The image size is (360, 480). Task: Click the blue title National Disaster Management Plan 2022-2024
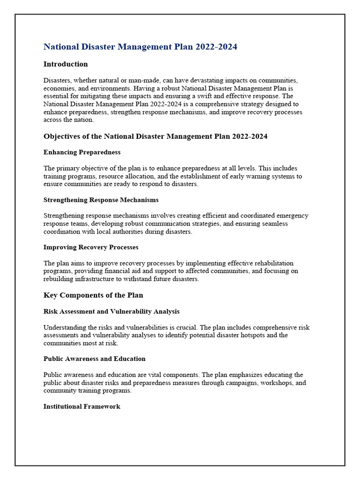(x=140, y=47)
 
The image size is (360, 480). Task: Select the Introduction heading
(x=66, y=64)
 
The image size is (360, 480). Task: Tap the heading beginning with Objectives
(x=155, y=136)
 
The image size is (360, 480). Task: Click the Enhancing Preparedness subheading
(x=82, y=152)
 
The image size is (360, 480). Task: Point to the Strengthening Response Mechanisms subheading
(x=101, y=200)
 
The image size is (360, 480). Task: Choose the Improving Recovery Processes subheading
(x=91, y=247)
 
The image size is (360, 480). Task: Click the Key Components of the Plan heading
(x=93, y=295)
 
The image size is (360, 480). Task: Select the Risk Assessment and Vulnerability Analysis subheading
(x=112, y=311)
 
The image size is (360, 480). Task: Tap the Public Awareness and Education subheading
(x=94, y=359)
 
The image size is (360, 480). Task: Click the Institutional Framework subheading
(x=82, y=406)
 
